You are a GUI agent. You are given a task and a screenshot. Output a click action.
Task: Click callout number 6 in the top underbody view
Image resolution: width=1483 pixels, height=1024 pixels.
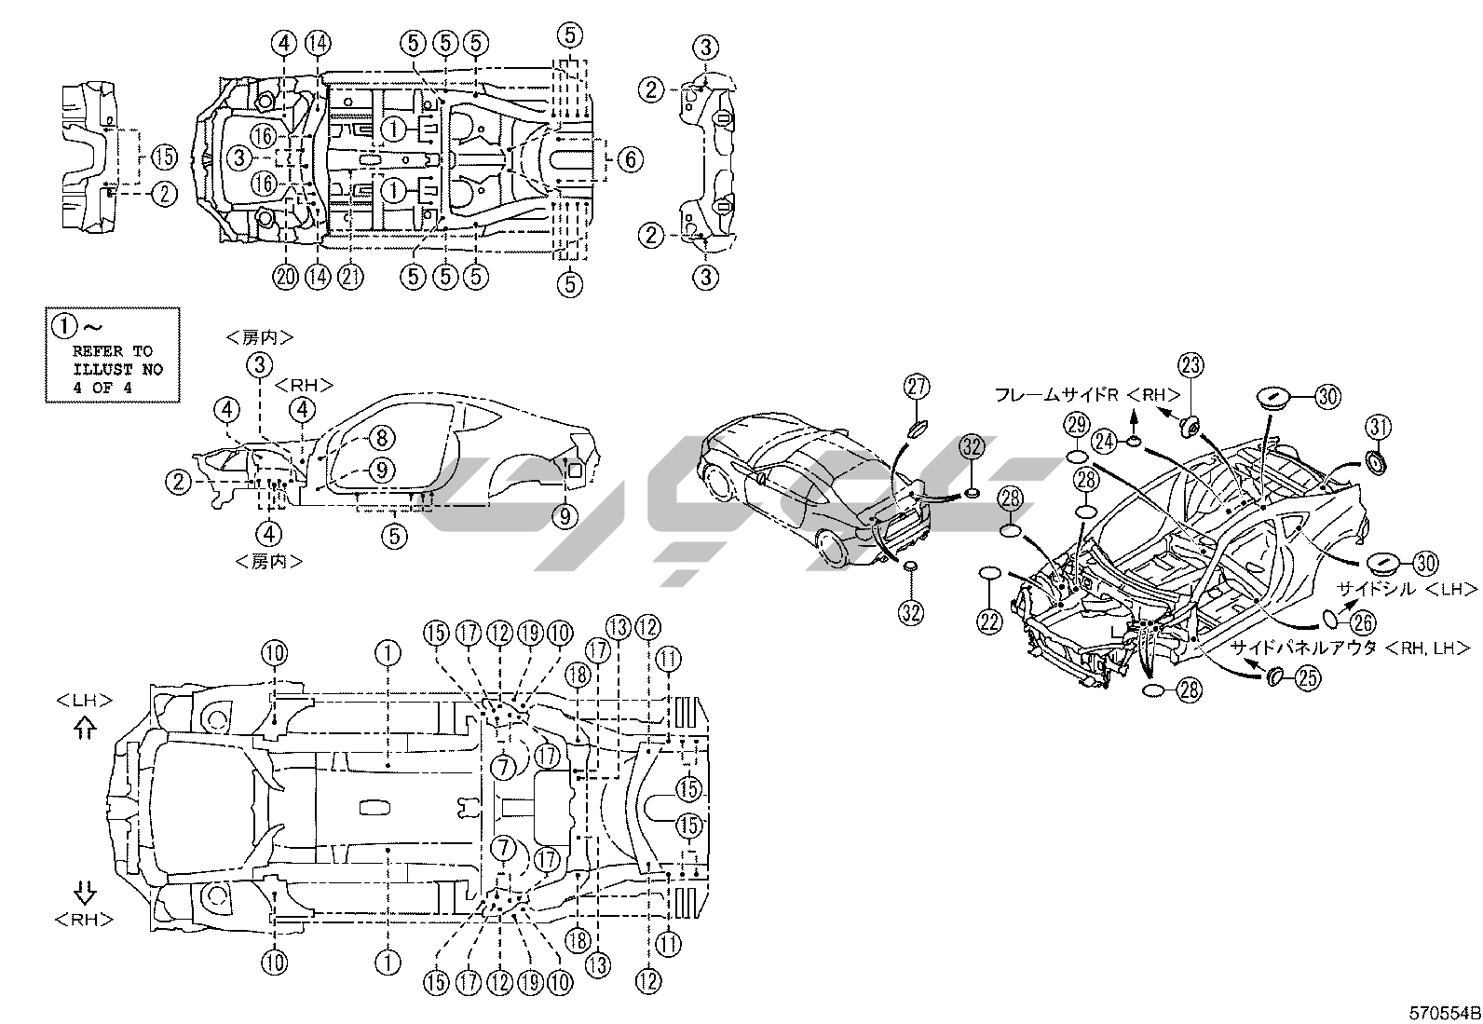[x=630, y=159]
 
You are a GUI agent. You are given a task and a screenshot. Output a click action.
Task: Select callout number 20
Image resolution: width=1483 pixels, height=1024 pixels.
[x=285, y=276]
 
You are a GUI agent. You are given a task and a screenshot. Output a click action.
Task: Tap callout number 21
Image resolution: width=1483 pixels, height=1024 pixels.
[x=350, y=276]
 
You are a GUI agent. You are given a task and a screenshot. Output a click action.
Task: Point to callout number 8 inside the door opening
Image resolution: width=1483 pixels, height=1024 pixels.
[x=381, y=437]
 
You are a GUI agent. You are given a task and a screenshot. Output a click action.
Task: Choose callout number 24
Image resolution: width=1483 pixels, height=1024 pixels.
[x=1105, y=441]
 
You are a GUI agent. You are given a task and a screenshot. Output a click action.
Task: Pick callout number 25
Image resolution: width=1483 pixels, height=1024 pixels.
[x=1308, y=677]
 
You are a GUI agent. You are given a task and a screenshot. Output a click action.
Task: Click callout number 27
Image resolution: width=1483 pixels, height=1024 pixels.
[x=917, y=386]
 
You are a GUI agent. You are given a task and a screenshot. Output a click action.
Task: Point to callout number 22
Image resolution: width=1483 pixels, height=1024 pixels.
[x=989, y=620]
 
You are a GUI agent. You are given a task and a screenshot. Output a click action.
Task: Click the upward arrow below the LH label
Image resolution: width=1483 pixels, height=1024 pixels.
[x=84, y=728]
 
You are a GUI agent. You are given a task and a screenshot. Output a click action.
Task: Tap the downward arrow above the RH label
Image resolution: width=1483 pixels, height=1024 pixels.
[x=84, y=891]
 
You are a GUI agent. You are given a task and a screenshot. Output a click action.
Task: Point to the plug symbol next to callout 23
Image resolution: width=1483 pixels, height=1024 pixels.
[x=1190, y=428]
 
